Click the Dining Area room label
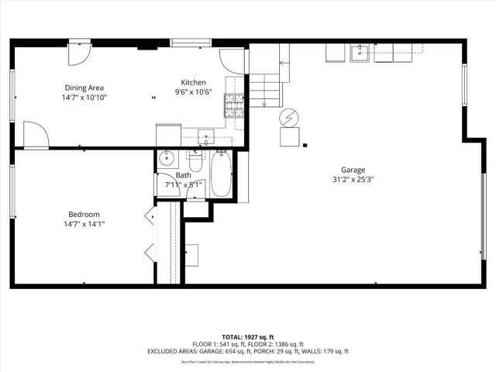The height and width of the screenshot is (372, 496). click(84, 88)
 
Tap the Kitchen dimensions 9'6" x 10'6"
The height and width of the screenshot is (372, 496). click(192, 93)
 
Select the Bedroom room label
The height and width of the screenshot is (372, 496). click(84, 214)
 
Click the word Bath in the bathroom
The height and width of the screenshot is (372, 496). click(183, 175)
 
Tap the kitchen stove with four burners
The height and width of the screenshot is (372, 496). click(233, 105)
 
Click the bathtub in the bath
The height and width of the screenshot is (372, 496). click(221, 174)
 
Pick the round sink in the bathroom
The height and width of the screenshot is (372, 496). click(167, 160)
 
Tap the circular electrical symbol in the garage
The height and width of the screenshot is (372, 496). click(288, 117)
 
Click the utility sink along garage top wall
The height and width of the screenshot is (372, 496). click(360, 53)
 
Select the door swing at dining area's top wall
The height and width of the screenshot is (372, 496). click(79, 53)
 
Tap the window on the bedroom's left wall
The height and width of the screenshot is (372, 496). click(12, 191)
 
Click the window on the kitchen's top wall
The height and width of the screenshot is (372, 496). click(187, 43)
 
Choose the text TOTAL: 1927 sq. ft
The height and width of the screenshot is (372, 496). click(248, 337)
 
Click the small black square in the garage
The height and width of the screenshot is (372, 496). click(305, 144)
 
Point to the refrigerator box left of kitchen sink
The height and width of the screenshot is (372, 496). click(168, 135)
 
